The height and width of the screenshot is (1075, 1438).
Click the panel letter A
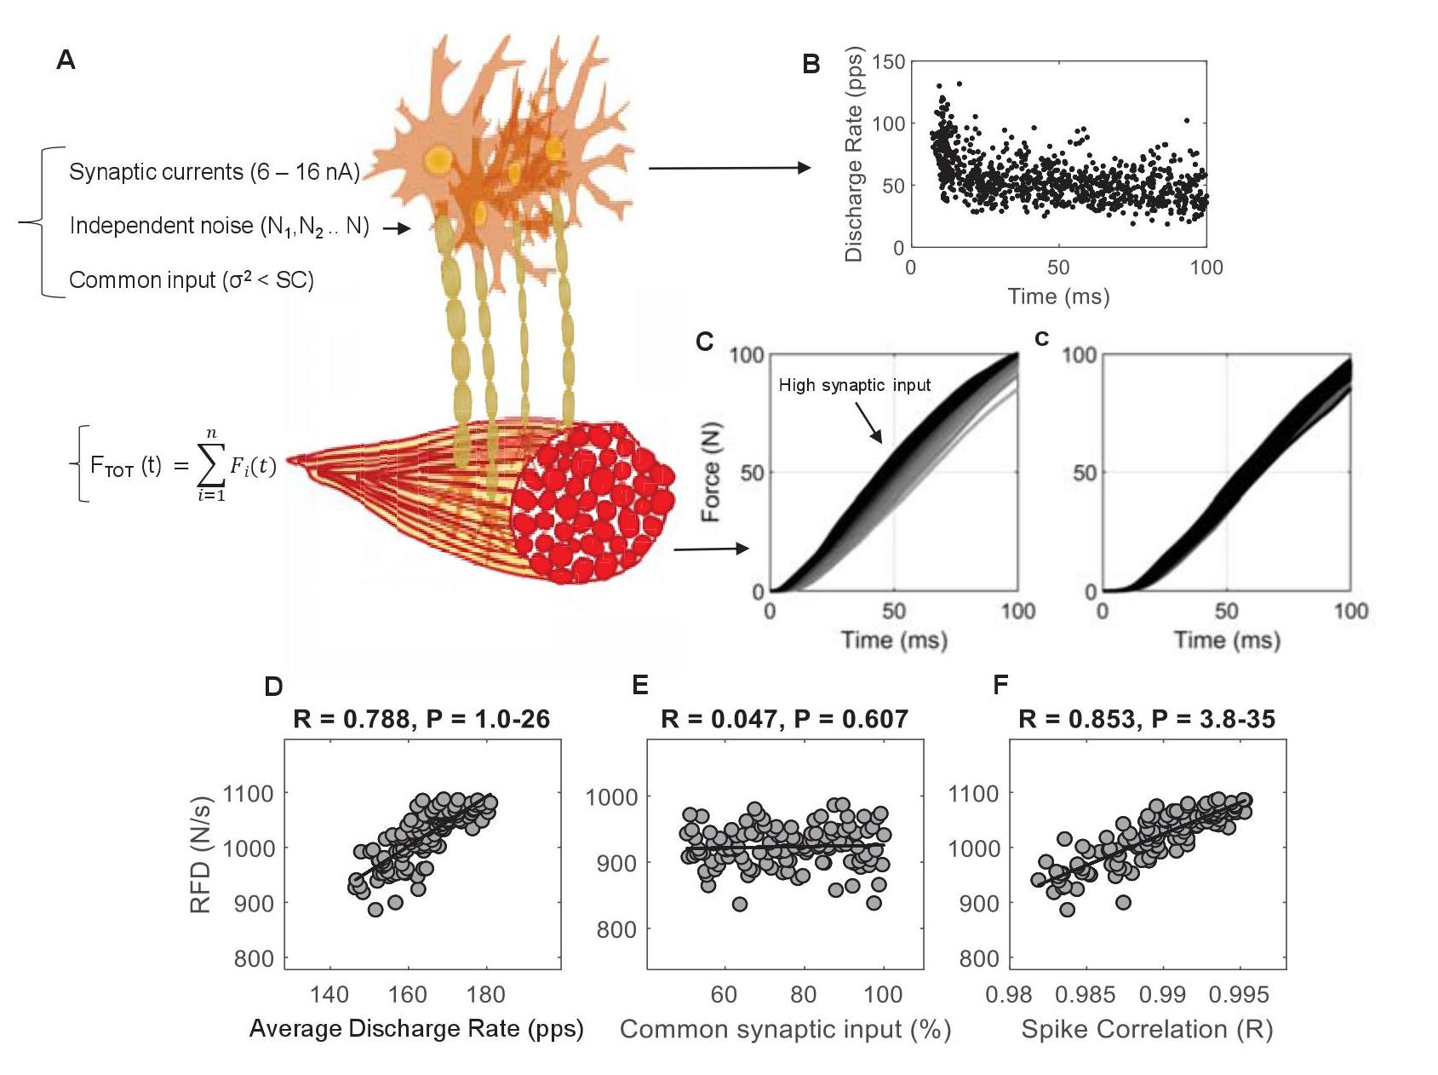pos(66,60)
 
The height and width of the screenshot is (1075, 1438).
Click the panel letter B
pos(811,64)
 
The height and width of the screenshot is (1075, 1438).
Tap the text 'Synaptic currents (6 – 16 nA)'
pos(214,172)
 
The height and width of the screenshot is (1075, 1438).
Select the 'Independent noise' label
pos(219,226)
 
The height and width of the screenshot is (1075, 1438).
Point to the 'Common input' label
pos(191,280)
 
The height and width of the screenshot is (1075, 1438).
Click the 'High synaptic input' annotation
pos(854,385)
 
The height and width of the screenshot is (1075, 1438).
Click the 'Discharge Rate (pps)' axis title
pos(854,153)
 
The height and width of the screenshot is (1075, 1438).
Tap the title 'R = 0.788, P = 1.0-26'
pos(421,719)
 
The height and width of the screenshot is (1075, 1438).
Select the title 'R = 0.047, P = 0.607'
pos(784,719)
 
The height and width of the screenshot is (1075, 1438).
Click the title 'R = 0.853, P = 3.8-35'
pos(1147,719)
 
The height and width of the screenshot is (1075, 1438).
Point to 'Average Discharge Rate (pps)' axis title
pos(416,1029)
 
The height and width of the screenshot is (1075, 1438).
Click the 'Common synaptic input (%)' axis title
pos(785,1029)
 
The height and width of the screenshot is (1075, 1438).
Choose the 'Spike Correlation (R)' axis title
pos(1147,1029)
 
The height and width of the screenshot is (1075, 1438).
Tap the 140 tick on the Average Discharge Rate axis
pos(329,994)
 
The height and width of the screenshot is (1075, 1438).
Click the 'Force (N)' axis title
pos(710,471)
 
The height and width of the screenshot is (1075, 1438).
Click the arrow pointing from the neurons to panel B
pos(729,168)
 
